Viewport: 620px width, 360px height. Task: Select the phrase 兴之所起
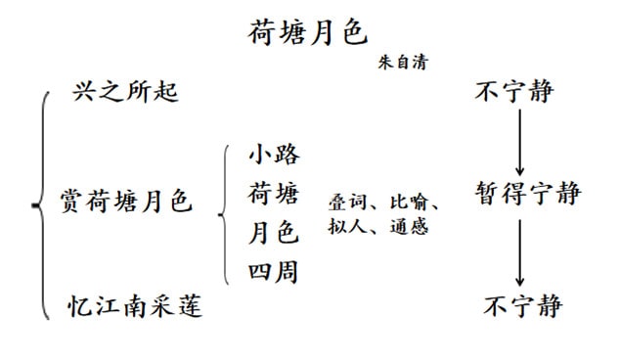pos(124,94)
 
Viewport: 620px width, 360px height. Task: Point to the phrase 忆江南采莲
pos(136,306)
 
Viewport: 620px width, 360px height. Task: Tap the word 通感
pos(402,227)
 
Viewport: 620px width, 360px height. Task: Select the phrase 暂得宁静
pos(528,193)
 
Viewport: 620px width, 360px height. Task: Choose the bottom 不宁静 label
pos(523,306)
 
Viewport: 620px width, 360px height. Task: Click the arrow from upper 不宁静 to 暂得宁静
pos(519,141)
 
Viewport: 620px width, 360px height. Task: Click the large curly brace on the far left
pos(40,204)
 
